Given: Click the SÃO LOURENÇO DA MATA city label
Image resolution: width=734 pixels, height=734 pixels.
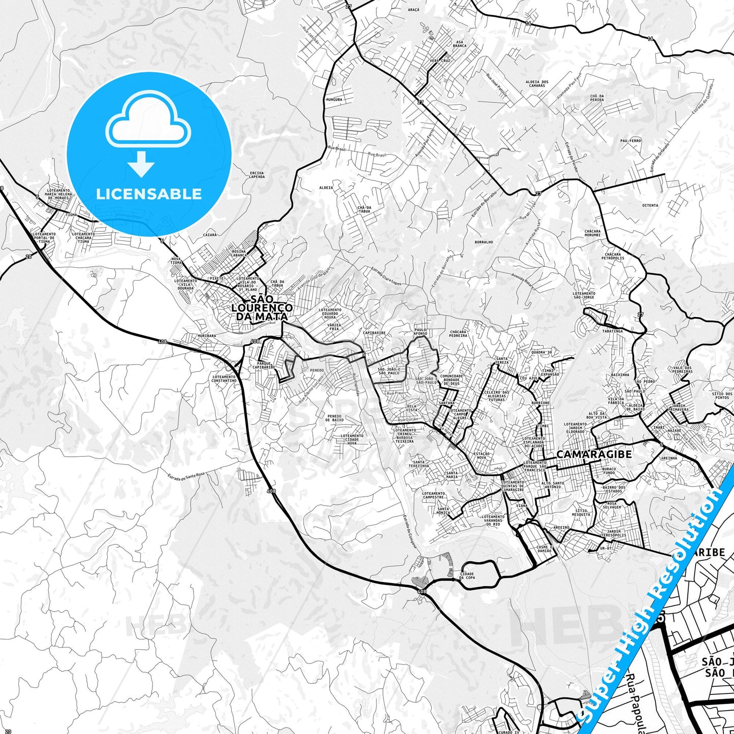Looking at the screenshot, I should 262,308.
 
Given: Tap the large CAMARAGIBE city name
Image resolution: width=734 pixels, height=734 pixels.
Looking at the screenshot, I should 594,454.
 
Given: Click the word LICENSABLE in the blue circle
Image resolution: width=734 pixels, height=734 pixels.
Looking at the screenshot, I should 149,194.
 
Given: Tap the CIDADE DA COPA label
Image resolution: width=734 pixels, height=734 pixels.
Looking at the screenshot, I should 467,576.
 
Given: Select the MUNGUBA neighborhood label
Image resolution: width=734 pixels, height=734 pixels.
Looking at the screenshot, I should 335,100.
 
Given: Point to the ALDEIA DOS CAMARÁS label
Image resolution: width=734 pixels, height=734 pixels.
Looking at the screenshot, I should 537,84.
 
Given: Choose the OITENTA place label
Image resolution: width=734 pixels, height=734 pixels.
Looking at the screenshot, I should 650,206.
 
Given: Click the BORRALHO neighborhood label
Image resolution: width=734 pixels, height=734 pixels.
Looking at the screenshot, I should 484,242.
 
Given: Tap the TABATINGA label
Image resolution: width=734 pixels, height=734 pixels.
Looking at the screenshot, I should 612,331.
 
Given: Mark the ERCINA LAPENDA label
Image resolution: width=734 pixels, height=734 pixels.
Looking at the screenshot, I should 257,175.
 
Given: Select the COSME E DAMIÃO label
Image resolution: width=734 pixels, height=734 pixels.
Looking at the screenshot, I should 544,549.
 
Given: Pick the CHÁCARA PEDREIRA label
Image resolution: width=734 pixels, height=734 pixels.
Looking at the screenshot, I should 458,334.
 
